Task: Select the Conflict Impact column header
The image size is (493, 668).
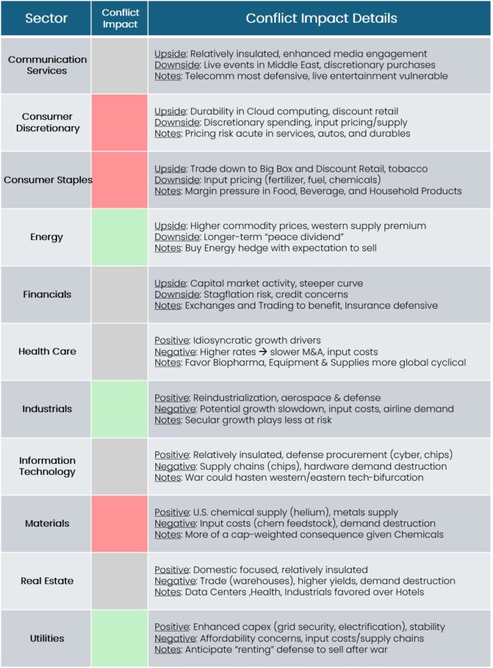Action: coord(120,18)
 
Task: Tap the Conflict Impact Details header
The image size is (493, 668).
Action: coord(321,18)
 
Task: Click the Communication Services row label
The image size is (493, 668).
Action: coord(47,65)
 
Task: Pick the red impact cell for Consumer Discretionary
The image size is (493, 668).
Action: coord(119,123)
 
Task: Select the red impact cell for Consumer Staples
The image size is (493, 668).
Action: coord(119,180)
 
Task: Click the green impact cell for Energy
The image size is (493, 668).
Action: coord(119,237)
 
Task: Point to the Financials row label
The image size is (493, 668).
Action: coord(47,294)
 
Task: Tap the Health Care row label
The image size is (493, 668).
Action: coord(47,352)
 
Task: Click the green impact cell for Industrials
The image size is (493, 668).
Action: coord(119,409)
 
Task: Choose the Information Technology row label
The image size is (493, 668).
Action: coord(47,466)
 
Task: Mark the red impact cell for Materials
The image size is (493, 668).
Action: coord(119,523)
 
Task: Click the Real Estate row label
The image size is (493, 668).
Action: coord(47,581)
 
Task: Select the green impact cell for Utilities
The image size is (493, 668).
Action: coord(119,638)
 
